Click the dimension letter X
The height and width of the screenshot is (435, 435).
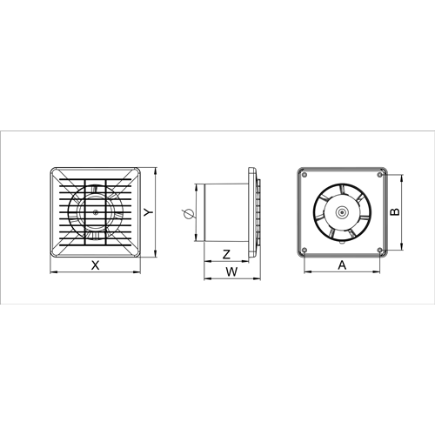95,265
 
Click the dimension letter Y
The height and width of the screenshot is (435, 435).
149,212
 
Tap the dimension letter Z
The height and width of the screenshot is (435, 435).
226,254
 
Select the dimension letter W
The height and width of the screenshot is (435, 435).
231,271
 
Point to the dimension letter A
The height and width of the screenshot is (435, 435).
342,264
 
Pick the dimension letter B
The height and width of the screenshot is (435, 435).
395,212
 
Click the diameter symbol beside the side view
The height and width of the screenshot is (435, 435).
187,214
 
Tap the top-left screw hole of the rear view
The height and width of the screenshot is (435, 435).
304,175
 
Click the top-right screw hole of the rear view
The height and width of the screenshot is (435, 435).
380,175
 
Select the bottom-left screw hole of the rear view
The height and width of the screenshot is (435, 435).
304,250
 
